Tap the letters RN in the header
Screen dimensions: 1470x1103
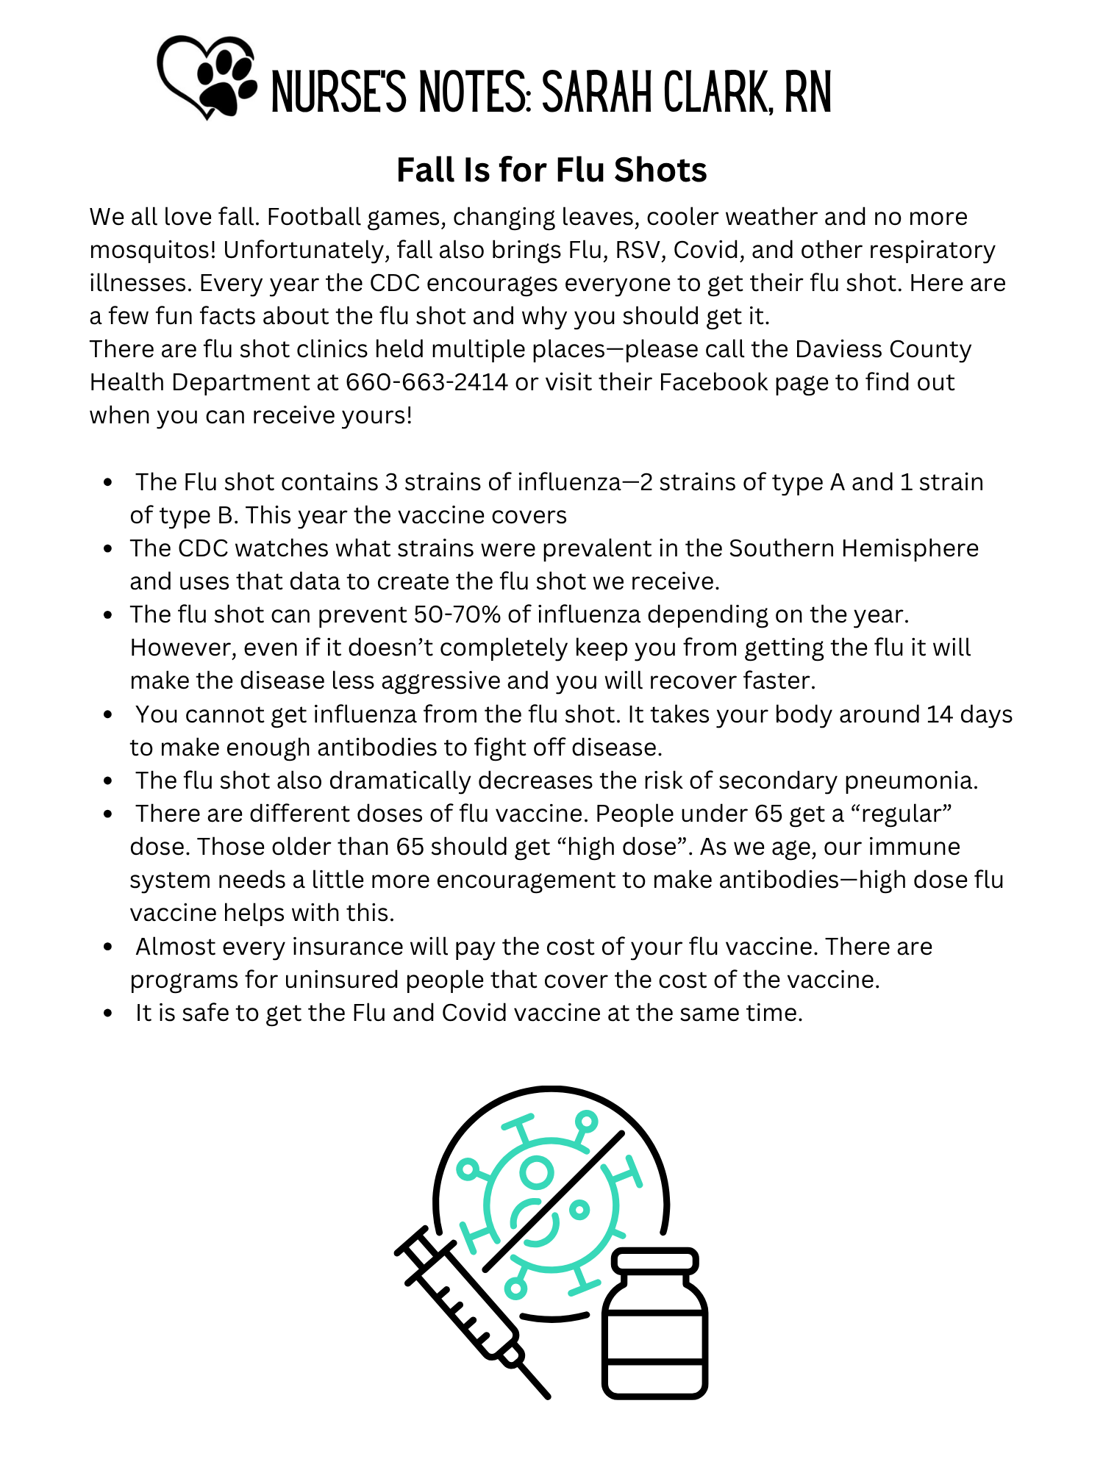tap(807, 93)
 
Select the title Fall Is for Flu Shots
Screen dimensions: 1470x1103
tap(551, 170)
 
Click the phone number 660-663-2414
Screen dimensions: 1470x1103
tap(426, 382)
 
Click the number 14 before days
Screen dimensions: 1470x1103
tap(939, 714)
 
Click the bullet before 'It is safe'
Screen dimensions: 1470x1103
tap(108, 1013)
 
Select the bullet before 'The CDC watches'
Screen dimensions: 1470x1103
tap(108, 548)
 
